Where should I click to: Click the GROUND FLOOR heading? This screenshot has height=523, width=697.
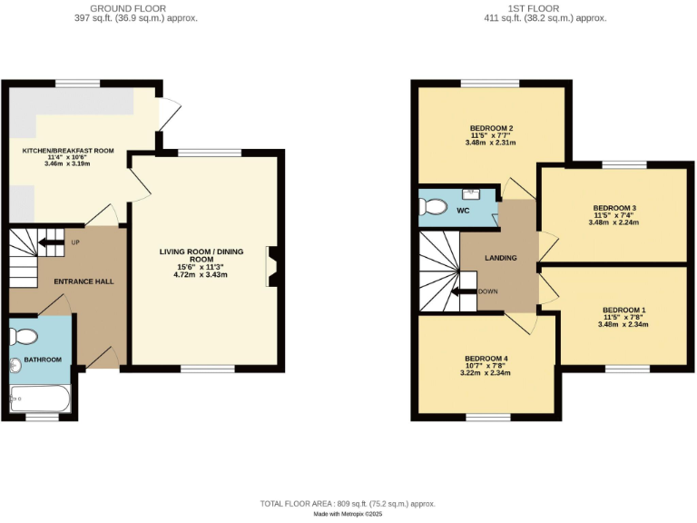(x=135, y=8)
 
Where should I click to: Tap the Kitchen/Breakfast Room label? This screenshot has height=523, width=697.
(x=68, y=150)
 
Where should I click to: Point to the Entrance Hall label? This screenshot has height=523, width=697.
(x=83, y=281)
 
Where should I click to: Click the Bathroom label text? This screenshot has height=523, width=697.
(x=43, y=360)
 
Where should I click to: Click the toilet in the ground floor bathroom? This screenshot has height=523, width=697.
(x=25, y=337)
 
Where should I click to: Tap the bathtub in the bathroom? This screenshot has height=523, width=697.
(x=40, y=398)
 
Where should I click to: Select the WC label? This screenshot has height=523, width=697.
(x=463, y=211)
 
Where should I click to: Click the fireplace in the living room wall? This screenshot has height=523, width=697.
(x=271, y=267)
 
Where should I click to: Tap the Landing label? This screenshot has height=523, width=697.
(x=500, y=258)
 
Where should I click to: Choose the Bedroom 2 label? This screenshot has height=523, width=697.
(x=492, y=128)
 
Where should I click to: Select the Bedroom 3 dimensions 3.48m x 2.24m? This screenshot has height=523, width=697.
(x=614, y=222)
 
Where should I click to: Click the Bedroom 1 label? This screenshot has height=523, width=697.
(x=623, y=310)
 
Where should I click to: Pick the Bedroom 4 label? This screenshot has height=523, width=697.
(x=486, y=359)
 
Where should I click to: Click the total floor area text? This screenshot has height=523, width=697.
(x=348, y=503)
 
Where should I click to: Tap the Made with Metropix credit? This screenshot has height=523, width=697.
(x=348, y=514)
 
